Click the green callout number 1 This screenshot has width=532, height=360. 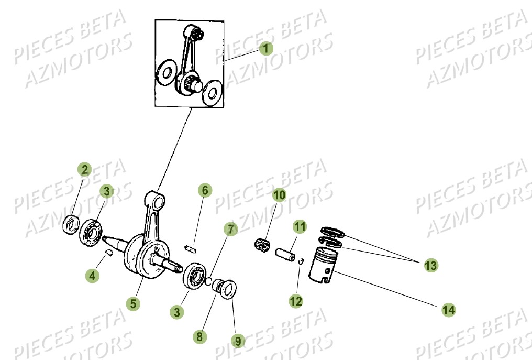[x=266, y=49]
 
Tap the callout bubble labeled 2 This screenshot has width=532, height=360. [x=84, y=169]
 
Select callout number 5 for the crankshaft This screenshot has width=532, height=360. [x=134, y=302]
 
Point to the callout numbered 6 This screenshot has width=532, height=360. [x=205, y=190]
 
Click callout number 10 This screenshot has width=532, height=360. [x=279, y=195]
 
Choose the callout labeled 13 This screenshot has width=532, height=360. [x=430, y=265]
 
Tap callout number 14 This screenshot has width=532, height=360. [x=448, y=310]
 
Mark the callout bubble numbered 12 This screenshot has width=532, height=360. [x=296, y=301]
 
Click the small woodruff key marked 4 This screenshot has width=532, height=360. [x=108, y=252]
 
